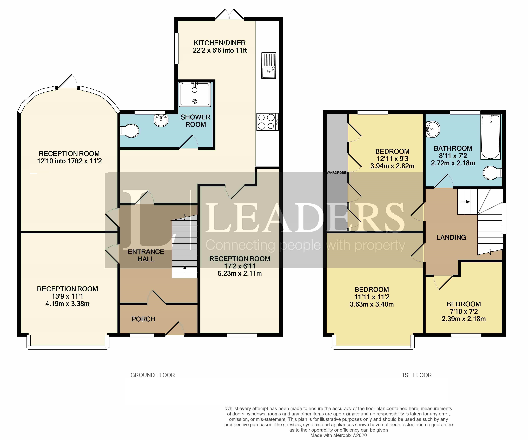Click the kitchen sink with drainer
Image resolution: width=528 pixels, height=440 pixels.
(269, 65)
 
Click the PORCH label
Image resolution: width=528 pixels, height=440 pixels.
(143, 319)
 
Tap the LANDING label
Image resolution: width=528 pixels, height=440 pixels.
(451, 238)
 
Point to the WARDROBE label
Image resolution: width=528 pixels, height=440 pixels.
(336, 173)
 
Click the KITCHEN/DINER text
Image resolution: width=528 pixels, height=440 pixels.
(220, 43)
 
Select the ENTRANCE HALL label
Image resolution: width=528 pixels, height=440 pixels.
(146, 255)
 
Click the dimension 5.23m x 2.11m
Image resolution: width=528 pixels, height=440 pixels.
(240, 273)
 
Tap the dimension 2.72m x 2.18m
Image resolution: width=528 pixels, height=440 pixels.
(453, 163)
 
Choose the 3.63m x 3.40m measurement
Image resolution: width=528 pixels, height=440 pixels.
(372, 304)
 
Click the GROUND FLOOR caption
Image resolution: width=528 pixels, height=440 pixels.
(153, 375)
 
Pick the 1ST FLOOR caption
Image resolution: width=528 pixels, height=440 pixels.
(417, 375)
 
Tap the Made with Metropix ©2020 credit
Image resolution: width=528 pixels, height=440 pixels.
(338, 435)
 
